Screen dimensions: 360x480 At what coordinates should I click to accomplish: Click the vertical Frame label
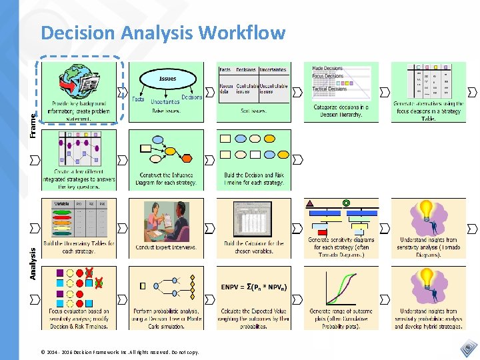point(33,123)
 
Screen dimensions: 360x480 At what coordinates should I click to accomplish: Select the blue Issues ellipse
point(167,79)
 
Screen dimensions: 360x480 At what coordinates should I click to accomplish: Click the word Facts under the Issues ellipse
point(138,99)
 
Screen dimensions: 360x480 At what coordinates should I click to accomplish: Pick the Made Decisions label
point(328,69)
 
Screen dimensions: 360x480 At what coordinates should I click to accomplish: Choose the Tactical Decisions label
point(329,89)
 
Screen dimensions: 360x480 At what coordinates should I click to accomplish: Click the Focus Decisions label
point(328,76)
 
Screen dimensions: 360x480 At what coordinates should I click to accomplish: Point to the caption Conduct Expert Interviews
point(166,247)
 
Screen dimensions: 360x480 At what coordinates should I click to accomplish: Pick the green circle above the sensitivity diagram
point(346,203)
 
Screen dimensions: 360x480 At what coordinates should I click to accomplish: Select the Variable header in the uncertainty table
point(61,204)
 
